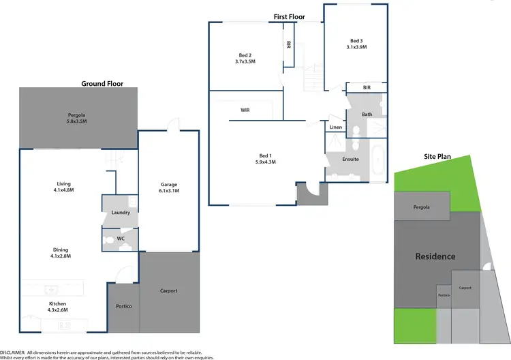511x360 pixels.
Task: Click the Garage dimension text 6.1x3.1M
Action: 169,191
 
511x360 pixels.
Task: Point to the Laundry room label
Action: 121,213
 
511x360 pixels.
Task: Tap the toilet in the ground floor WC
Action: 108,239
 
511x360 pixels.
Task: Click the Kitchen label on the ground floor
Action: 58,303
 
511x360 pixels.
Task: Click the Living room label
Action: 64,183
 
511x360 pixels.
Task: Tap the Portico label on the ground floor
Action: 123,306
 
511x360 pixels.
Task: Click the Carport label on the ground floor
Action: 169,290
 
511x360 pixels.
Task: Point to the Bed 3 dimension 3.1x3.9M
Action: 355,47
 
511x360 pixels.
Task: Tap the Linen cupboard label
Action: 335,127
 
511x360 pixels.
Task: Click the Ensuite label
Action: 350,159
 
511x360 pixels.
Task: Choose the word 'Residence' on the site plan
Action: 435,256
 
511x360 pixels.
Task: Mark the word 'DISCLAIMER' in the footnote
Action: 13,351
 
